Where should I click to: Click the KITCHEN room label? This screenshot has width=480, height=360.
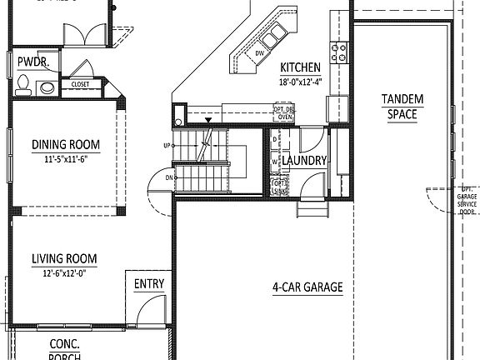pyautogui.click(x=300, y=68)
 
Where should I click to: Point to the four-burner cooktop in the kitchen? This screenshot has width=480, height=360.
pyautogui.click(x=340, y=53)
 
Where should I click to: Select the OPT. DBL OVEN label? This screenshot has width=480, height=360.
pyautogui.click(x=284, y=113)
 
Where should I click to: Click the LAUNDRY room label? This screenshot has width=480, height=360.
pyautogui.click(x=304, y=160)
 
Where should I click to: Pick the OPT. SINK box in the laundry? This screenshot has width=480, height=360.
pyautogui.click(x=279, y=187)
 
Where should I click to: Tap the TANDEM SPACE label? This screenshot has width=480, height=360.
pyautogui.click(x=402, y=107)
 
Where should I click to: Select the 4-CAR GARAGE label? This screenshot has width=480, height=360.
pyautogui.click(x=307, y=287)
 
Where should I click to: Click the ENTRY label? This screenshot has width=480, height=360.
pyautogui.click(x=149, y=283)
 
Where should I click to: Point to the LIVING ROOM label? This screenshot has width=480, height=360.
pyautogui.click(x=65, y=258)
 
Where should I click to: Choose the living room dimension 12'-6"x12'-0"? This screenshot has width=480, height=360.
pyautogui.click(x=65, y=272)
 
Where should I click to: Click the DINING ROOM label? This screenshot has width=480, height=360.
pyautogui.click(x=65, y=145)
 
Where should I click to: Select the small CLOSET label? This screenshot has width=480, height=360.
pyautogui.click(x=80, y=84)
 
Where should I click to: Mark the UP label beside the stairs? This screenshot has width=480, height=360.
pyautogui.click(x=167, y=146)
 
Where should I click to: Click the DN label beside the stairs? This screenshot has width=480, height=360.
pyautogui.click(x=170, y=177)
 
